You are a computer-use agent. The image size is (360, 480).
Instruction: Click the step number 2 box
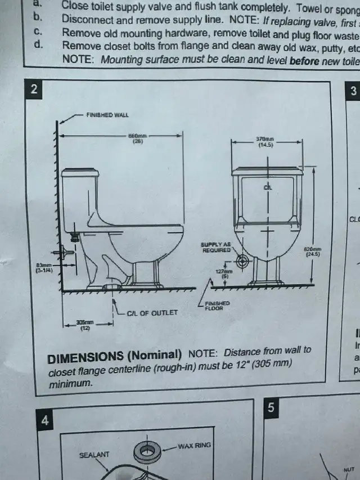35,89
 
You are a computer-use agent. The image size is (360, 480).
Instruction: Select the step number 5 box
271,408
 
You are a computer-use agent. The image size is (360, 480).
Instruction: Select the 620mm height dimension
313,251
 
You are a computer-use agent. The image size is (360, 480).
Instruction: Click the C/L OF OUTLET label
152,313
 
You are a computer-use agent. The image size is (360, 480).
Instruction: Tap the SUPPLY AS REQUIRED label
216,247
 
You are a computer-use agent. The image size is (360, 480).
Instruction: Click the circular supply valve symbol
243,262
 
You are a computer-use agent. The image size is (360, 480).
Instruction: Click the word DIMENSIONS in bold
84,356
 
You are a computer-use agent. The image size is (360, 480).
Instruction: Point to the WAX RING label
194,445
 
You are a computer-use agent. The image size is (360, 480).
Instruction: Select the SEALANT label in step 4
94,454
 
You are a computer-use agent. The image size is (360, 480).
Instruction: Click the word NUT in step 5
349,468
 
